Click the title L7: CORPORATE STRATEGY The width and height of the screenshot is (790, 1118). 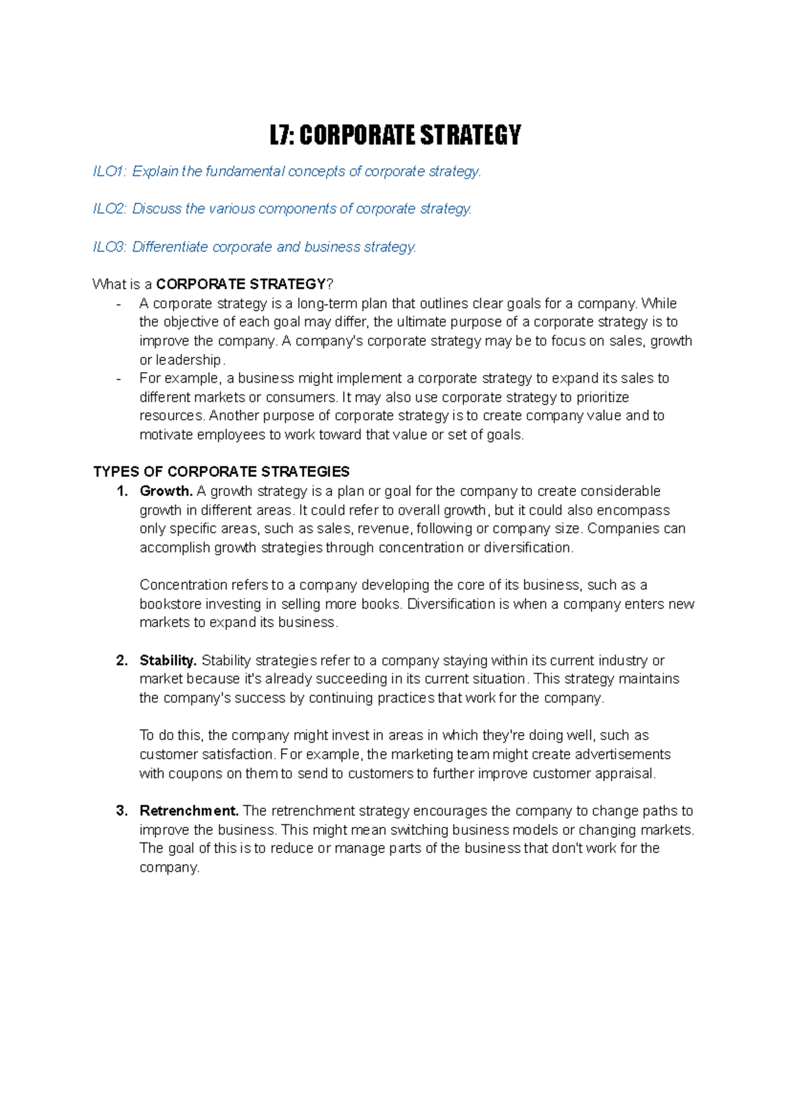pyautogui.click(x=395, y=135)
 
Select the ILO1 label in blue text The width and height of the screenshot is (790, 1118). pyautogui.click(x=109, y=171)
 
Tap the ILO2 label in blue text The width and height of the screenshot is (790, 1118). pyautogui.click(x=109, y=209)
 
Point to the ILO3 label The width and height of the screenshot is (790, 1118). pyautogui.click(x=109, y=247)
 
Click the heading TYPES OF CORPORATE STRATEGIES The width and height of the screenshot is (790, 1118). pyautogui.click(x=221, y=472)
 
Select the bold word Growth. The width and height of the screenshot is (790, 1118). pyautogui.click(x=165, y=491)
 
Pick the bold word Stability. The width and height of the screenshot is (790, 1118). pyautogui.click(x=168, y=661)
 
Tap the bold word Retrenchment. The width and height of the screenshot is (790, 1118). pyautogui.click(x=189, y=811)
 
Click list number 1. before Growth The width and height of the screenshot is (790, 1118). pyautogui.click(x=122, y=491)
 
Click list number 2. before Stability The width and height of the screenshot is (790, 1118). pyautogui.click(x=122, y=661)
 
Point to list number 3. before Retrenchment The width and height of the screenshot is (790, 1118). pyautogui.click(x=122, y=811)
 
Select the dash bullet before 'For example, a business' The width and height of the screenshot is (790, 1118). pyautogui.click(x=118, y=379)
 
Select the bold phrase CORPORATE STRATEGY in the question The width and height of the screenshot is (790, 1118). pyautogui.click(x=241, y=285)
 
